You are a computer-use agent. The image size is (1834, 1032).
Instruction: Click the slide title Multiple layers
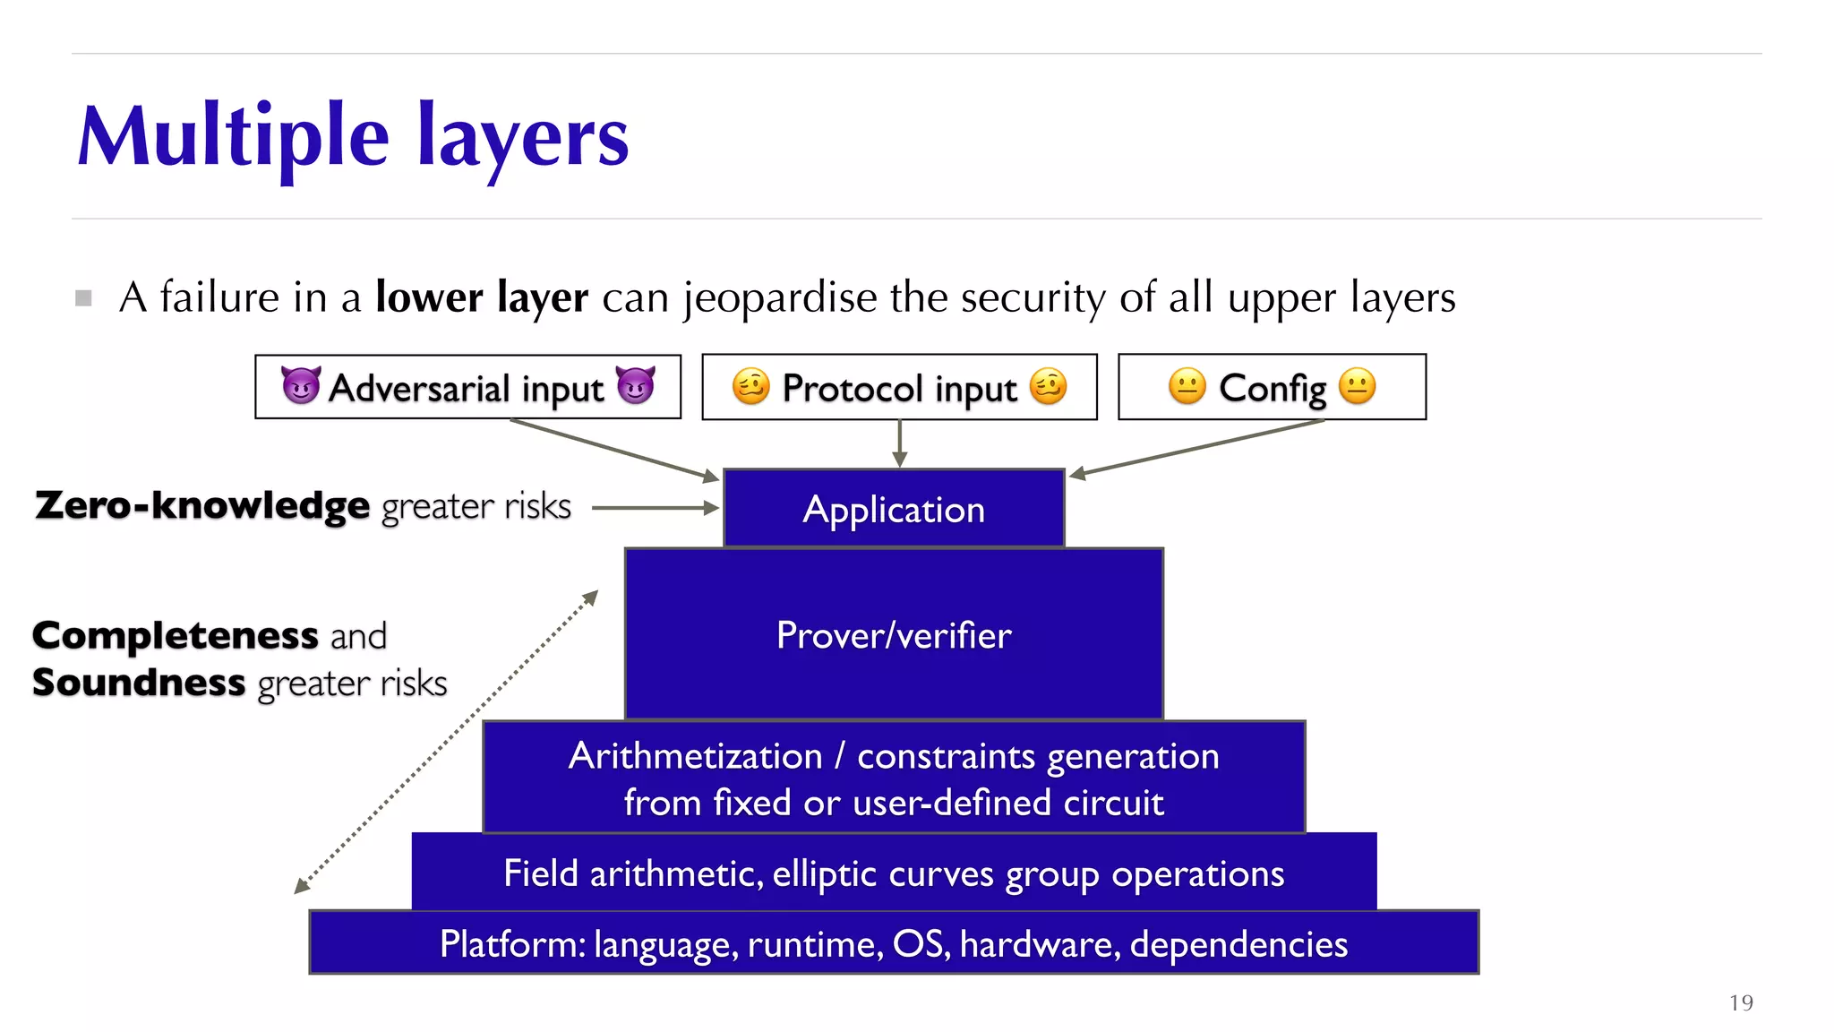(353, 137)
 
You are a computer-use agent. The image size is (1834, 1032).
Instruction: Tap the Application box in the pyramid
(894, 509)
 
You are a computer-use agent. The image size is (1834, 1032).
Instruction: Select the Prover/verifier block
(894, 634)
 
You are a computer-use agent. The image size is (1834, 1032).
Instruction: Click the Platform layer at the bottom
(894, 943)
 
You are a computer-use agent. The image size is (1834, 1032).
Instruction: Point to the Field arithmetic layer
(894, 873)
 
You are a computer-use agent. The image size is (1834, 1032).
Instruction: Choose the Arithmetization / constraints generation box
(894, 778)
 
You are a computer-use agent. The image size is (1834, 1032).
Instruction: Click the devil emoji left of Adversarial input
(301, 386)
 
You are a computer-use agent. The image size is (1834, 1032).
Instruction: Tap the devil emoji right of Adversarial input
(636, 386)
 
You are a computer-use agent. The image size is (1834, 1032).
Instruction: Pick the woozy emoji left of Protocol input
(750, 386)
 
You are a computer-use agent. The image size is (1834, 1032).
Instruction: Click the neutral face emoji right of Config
(1357, 386)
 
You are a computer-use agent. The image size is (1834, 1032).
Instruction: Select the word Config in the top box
(1273, 388)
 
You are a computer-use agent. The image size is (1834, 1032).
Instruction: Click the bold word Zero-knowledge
(202, 506)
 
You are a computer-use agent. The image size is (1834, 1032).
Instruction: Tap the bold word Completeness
(176, 636)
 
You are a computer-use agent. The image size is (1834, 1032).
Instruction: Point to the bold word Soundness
(139, 683)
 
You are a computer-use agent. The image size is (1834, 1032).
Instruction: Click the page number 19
(1741, 1002)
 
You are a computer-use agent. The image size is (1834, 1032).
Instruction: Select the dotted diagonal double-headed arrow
(446, 742)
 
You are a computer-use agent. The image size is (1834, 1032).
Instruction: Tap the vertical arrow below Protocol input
(900, 443)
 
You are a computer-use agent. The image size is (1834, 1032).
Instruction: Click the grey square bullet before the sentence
(84, 298)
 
